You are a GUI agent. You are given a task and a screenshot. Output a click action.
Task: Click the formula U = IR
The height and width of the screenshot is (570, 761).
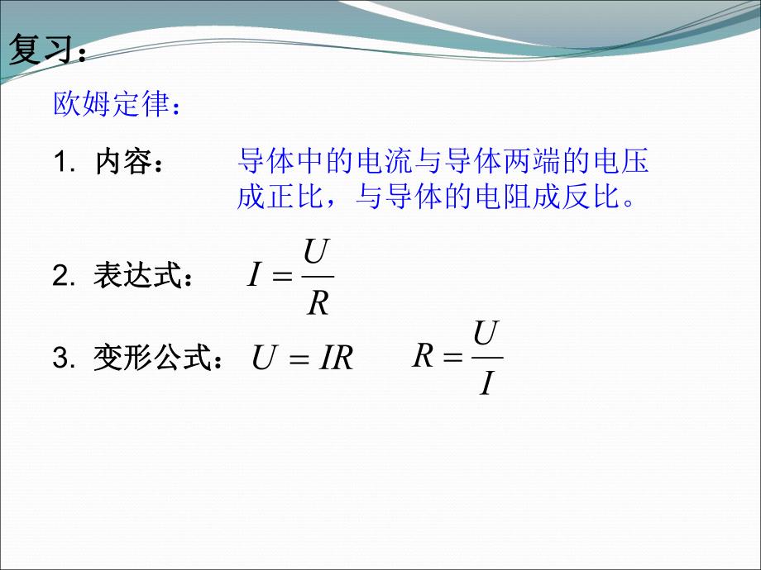[x=303, y=359]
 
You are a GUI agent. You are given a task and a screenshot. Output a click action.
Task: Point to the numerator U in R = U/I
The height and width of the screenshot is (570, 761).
[x=486, y=334]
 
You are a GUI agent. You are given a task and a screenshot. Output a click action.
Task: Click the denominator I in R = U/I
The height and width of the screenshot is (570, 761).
[x=486, y=385]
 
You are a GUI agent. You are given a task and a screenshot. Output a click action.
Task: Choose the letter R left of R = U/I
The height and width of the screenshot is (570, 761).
[x=424, y=357]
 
